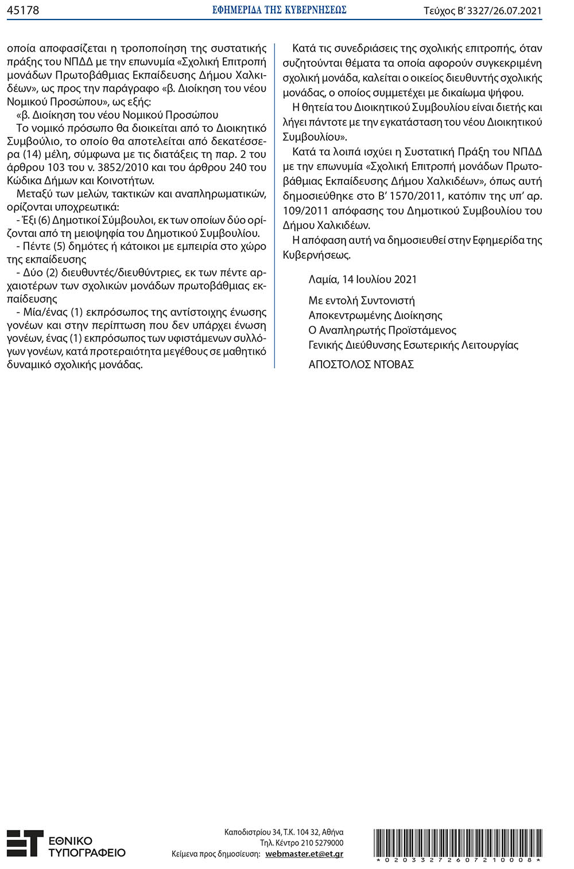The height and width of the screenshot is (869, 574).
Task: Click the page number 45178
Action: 23,10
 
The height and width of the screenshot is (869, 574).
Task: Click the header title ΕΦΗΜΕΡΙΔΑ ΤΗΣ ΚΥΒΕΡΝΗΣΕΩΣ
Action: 279,10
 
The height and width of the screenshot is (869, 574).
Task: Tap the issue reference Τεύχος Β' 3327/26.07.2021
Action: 482,11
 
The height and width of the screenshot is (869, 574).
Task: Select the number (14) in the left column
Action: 34,154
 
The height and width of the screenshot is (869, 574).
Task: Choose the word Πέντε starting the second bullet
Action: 36,246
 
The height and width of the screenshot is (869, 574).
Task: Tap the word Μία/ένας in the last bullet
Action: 45,312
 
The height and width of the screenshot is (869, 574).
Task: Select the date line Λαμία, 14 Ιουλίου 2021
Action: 362,279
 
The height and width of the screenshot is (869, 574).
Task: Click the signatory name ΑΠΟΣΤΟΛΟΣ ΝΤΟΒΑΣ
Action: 361,364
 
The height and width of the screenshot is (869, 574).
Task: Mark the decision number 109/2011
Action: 307,211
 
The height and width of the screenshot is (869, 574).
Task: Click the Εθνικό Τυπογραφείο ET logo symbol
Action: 25,844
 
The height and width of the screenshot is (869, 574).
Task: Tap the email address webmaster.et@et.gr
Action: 304,854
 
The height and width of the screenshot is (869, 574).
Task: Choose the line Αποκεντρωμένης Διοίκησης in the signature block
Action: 375,315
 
